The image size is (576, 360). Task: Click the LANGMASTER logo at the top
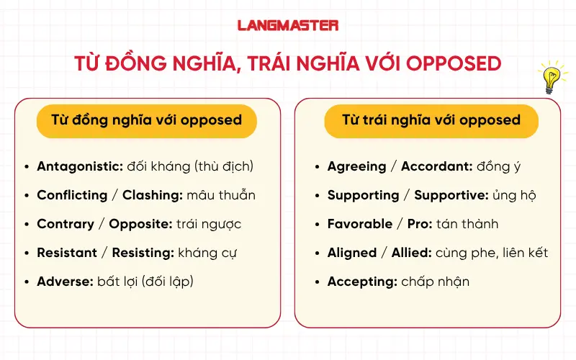tap(288, 25)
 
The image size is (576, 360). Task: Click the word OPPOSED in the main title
tap(454, 63)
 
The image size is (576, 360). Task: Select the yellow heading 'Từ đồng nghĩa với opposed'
tap(147, 120)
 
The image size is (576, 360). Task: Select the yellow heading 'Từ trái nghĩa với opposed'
tap(431, 120)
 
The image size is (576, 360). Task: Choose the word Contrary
tap(66, 224)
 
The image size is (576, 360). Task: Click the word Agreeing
tap(357, 166)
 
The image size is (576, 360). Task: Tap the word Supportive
tap(451, 195)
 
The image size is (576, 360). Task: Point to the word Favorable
tap(360, 224)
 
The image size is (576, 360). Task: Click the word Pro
tap(418, 224)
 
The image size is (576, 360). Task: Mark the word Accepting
tap(362, 282)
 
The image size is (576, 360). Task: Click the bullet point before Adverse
tap(27, 282)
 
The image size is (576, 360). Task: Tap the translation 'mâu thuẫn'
tap(221, 195)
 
